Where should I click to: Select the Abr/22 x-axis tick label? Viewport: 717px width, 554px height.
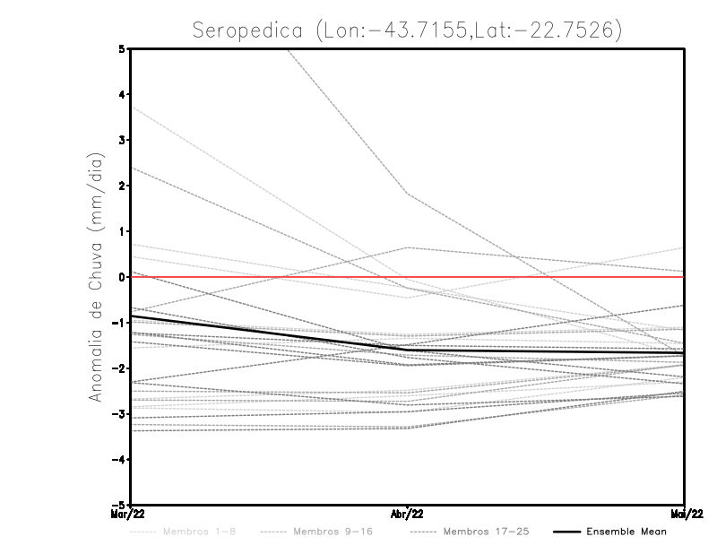pos(408,514)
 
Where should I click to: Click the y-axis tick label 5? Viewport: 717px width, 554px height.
pos(122,49)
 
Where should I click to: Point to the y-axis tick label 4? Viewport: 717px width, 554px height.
pos(122,95)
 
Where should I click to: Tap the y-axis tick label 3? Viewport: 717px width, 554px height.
pos(122,141)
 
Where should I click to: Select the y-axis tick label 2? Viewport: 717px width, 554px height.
pos(122,186)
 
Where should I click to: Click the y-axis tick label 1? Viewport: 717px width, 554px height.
pos(122,231)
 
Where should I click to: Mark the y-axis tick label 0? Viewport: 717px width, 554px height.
pos(122,277)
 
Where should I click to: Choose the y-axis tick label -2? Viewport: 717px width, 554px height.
pos(119,368)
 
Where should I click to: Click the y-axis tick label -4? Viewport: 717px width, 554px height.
pos(119,459)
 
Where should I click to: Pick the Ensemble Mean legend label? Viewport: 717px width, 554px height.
pos(626,532)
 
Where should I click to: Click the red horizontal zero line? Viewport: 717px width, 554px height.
pos(538,277)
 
